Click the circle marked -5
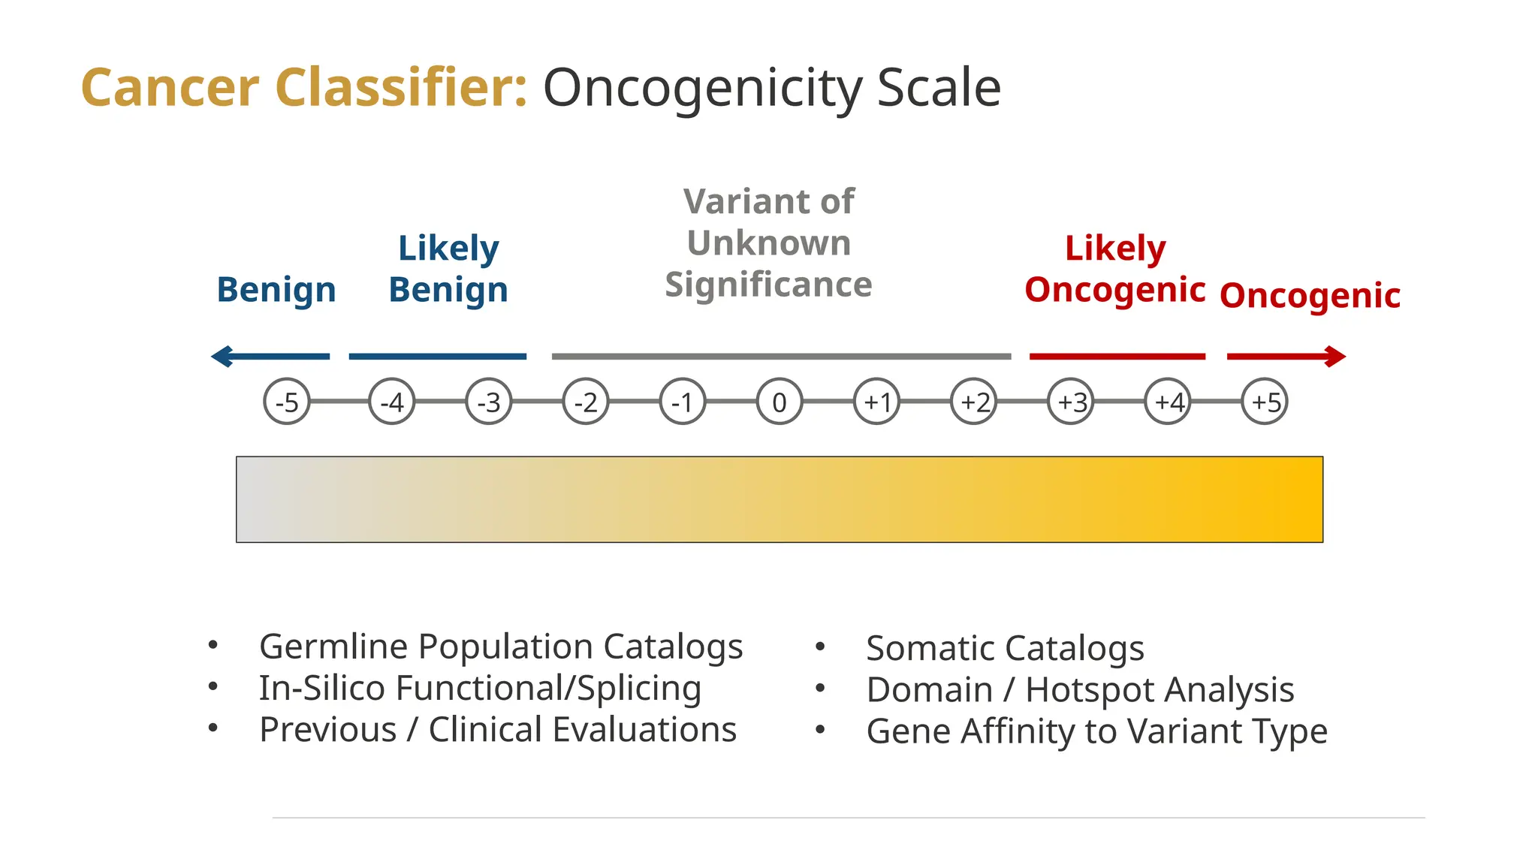click(287, 402)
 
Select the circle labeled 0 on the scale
click(780, 402)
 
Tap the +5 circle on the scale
click(1265, 402)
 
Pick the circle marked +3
click(1071, 402)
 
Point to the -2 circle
click(586, 402)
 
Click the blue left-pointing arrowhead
click(222, 356)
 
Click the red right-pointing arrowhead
click(1334, 356)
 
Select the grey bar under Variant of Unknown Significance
click(781, 356)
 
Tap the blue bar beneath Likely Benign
click(438, 356)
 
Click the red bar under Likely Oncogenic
click(1117, 356)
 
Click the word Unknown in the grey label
click(769, 243)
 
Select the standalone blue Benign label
click(276, 290)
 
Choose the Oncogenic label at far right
click(1310, 295)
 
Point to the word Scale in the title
click(939, 88)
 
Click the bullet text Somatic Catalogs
click(1005, 648)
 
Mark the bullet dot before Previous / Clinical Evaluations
click(213, 728)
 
